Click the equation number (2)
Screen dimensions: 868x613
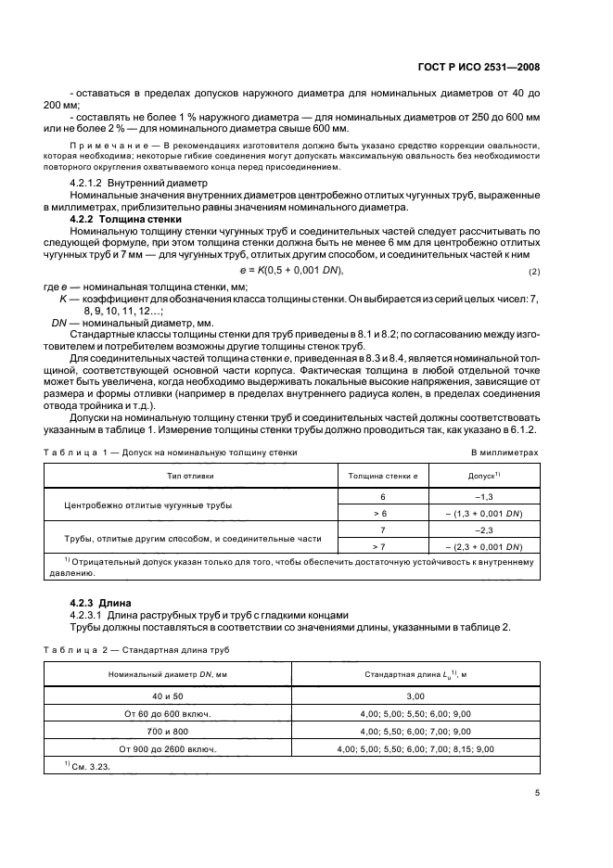[533, 271]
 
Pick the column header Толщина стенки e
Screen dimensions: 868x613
[383, 475]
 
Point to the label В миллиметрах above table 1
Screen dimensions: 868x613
[505, 453]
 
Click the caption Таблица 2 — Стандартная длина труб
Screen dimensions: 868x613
[143, 649]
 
